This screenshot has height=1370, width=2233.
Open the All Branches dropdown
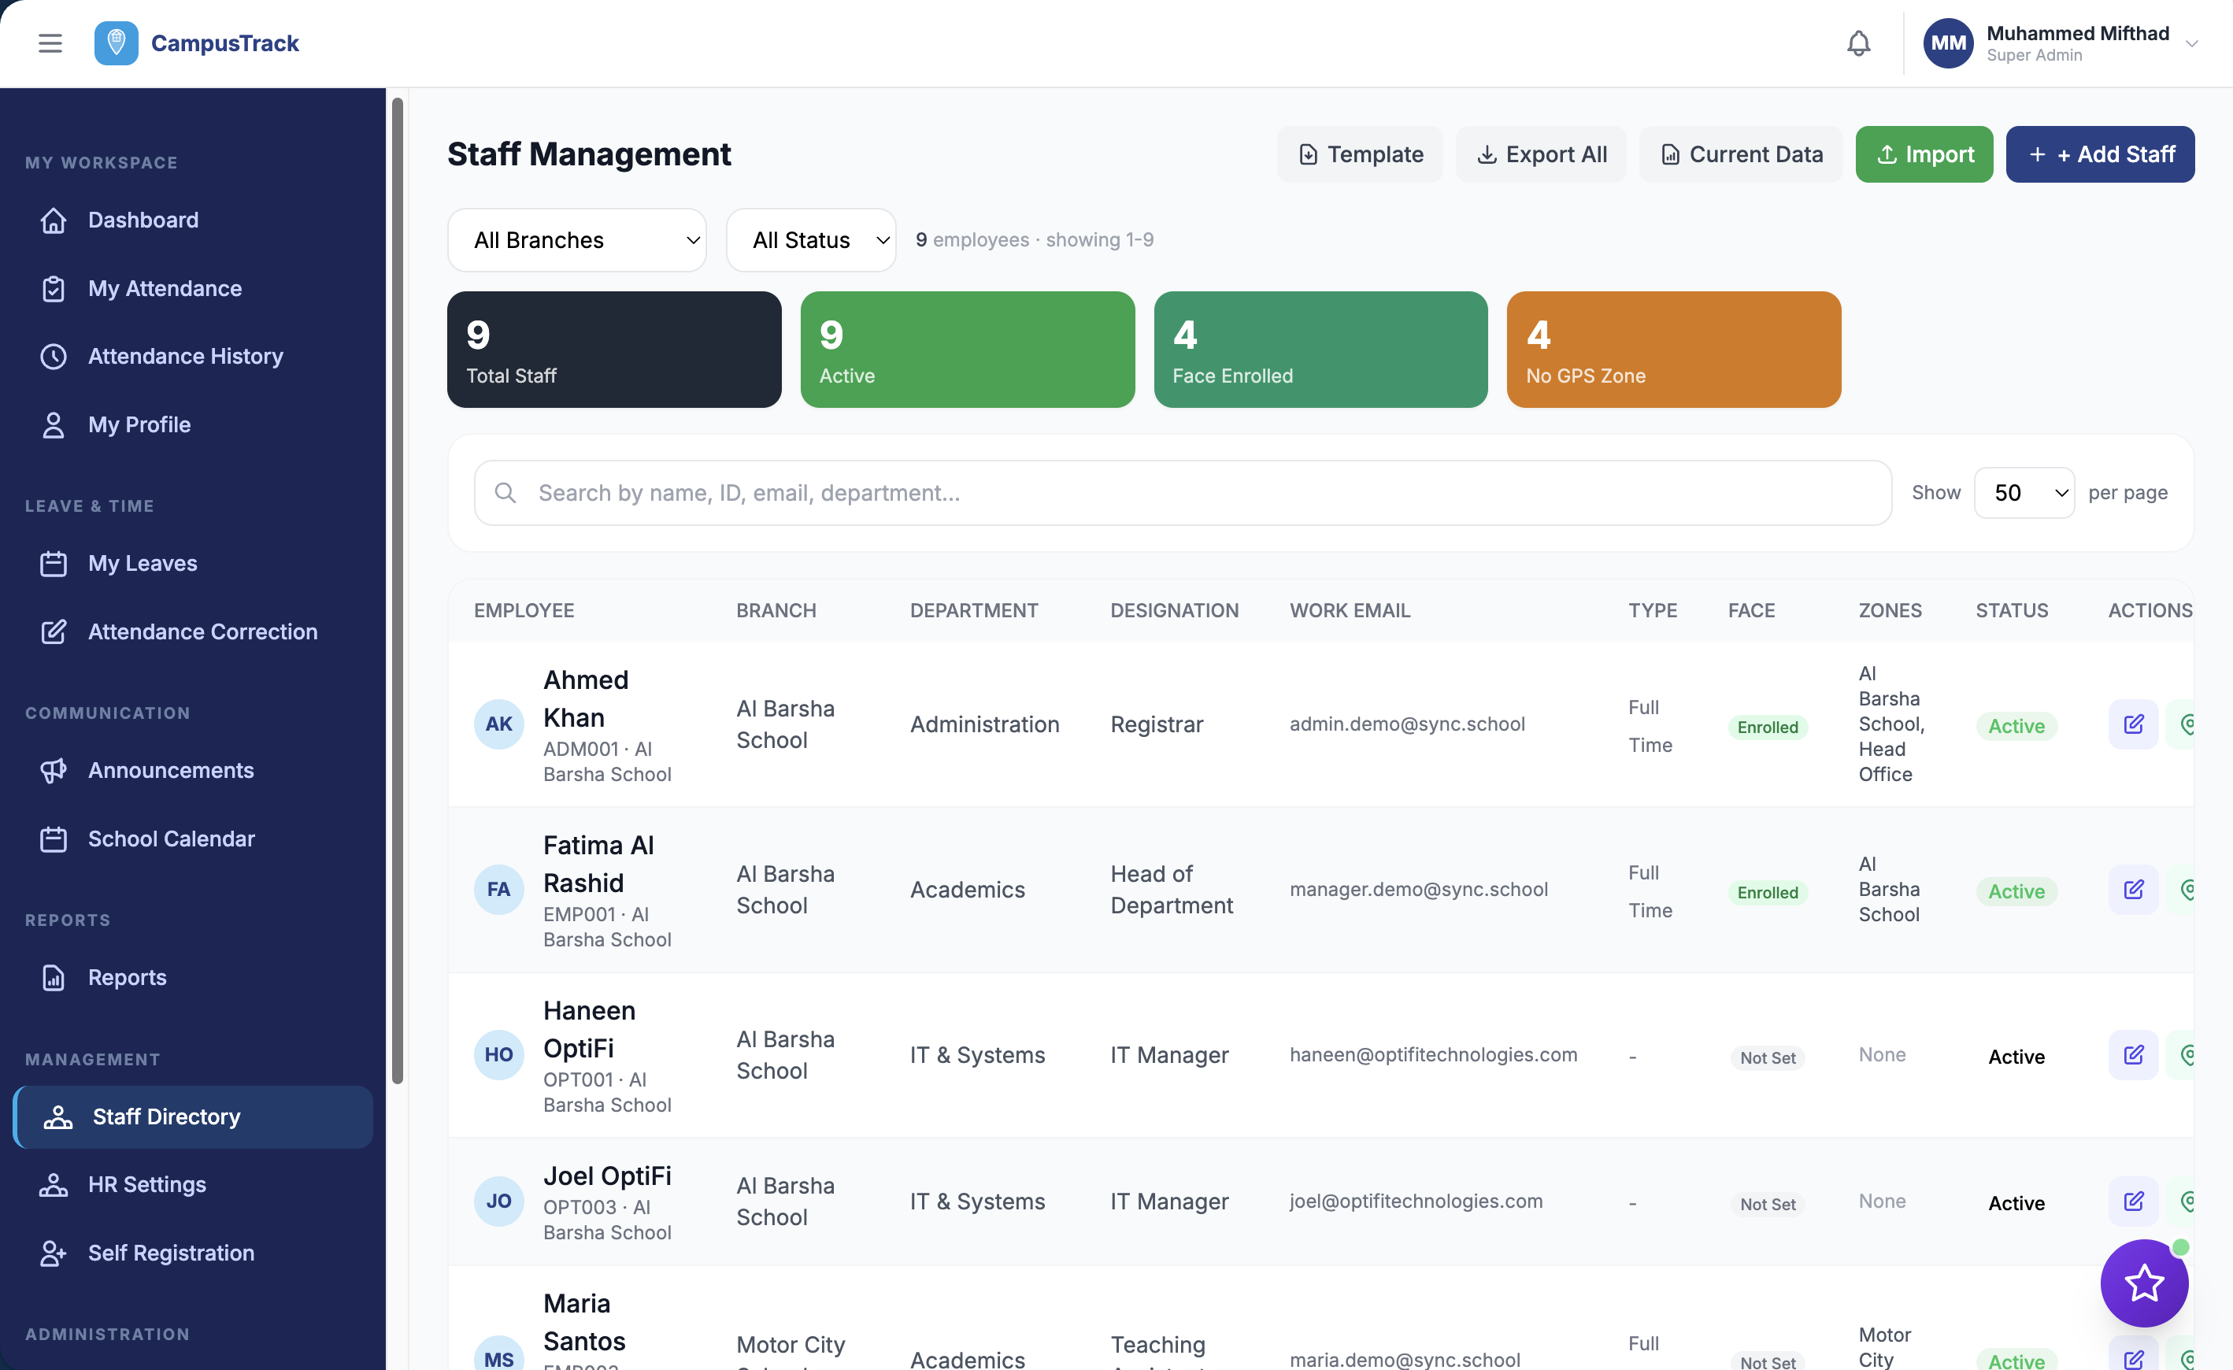click(576, 240)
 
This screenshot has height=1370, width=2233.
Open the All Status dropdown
click(810, 240)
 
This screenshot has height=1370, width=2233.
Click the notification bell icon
click(1857, 43)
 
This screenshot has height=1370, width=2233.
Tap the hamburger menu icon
click(50, 43)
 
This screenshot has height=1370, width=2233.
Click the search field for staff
click(1182, 493)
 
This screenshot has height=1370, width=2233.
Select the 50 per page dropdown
click(2023, 493)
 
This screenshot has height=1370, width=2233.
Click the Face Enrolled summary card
click(1320, 350)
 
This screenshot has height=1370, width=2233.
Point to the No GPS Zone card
click(1673, 350)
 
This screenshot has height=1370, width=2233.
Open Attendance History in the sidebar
click(185, 356)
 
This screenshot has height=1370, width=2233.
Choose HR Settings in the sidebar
click(146, 1184)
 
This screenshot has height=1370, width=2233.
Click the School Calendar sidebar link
click(172, 839)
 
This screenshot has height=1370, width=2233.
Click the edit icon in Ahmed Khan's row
click(2132, 724)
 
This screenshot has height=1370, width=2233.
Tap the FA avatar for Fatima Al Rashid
click(498, 890)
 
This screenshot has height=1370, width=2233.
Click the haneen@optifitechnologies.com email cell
click(1433, 1055)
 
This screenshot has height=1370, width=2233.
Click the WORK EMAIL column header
click(1350, 611)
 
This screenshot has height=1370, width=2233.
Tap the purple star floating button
click(2143, 1283)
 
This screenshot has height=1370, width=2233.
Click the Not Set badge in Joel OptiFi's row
click(1767, 1204)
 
